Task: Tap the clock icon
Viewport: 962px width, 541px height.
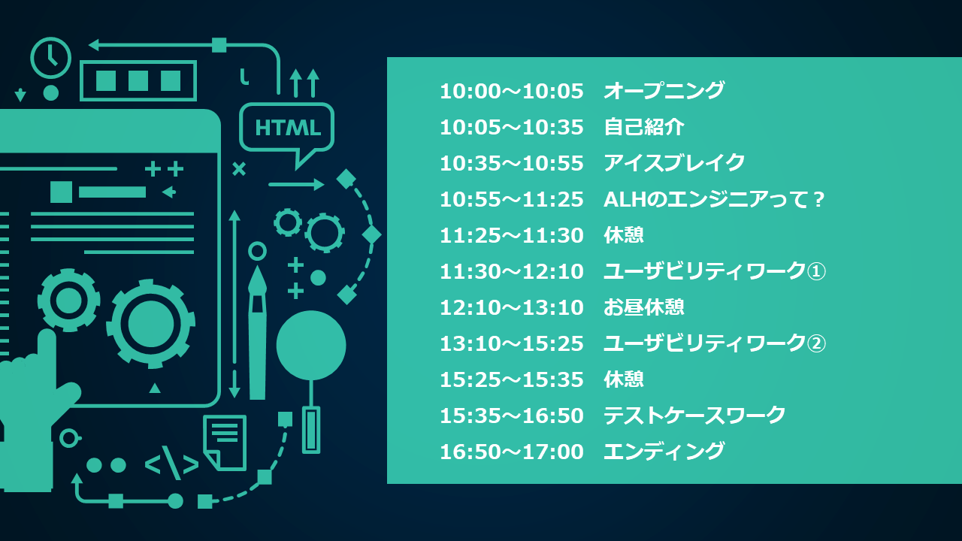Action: pos(50,58)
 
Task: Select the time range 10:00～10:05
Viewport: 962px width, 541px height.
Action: pos(512,92)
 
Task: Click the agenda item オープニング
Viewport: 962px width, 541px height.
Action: pos(664,91)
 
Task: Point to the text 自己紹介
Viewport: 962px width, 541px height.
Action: pos(644,127)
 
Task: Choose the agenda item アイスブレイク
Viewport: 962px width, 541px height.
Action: pos(674,163)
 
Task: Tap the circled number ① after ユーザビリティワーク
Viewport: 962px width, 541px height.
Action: pos(816,271)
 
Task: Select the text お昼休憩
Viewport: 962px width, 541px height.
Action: pos(644,307)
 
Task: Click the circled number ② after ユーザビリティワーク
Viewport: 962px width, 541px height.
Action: pos(816,343)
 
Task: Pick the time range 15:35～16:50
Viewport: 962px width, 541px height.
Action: pos(512,416)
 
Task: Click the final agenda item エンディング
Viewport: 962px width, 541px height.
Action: pos(664,452)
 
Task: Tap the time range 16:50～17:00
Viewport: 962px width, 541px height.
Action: pos(512,452)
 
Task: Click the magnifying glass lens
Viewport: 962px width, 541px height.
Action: pos(311,346)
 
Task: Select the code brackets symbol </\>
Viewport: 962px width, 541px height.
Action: pos(172,464)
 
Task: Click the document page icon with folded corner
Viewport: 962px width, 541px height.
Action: pos(225,443)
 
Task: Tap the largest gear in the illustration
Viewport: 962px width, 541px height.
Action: pos(151,324)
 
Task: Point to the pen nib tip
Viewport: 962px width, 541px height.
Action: pos(257,267)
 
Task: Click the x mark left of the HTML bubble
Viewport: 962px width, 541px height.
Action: pos(239,169)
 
